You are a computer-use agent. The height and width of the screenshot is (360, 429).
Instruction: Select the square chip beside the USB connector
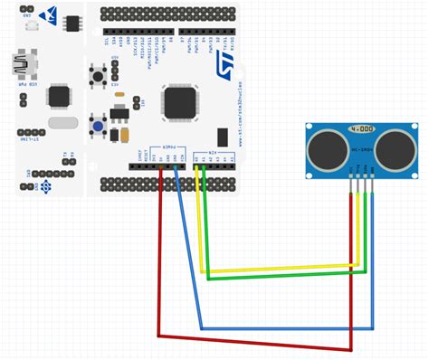tap(60, 95)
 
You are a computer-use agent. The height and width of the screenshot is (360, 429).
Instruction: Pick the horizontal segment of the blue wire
tap(286, 327)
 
